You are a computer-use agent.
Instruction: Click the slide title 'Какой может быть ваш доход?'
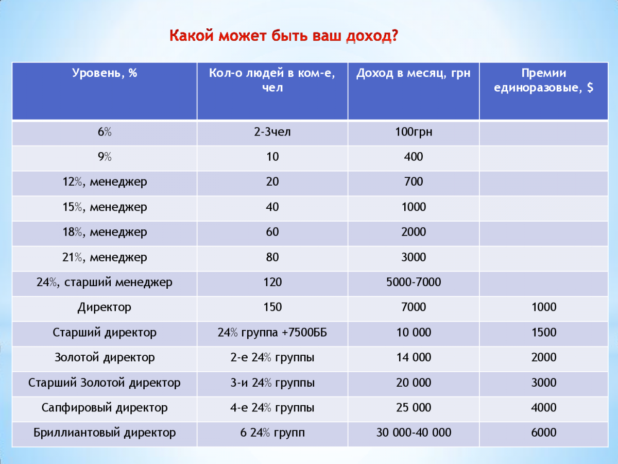pyautogui.click(x=284, y=37)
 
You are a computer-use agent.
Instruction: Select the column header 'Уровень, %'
pyautogui.click(x=105, y=73)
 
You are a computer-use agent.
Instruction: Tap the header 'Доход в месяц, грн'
pyautogui.click(x=413, y=73)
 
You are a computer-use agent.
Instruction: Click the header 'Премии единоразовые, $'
pyautogui.click(x=543, y=80)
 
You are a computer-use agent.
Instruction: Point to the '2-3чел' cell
pyautogui.click(x=272, y=132)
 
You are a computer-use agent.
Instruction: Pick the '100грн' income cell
pyautogui.click(x=414, y=132)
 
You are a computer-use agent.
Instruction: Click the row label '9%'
pyautogui.click(x=105, y=157)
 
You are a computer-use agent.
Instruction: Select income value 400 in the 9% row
pyautogui.click(x=414, y=157)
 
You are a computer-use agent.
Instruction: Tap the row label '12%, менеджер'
pyautogui.click(x=105, y=182)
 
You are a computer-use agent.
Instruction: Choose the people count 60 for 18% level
pyautogui.click(x=272, y=232)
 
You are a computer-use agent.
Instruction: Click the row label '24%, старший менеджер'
pyautogui.click(x=105, y=283)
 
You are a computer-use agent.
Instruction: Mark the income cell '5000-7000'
pyautogui.click(x=414, y=283)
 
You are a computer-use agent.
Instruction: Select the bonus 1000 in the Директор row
pyautogui.click(x=543, y=308)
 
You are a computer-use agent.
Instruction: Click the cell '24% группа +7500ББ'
pyautogui.click(x=272, y=333)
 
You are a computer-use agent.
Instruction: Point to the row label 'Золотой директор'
pyautogui.click(x=105, y=358)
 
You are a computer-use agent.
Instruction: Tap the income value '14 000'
pyautogui.click(x=414, y=358)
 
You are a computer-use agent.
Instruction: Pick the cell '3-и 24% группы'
pyautogui.click(x=272, y=383)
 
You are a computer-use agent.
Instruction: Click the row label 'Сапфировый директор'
pyautogui.click(x=105, y=408)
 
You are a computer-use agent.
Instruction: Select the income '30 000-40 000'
pyautogui.click(x=414, y=433)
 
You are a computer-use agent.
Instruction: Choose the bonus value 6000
pyautogui.click(x=543, y=433)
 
